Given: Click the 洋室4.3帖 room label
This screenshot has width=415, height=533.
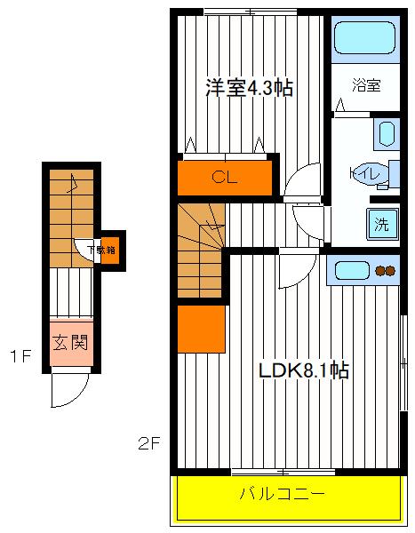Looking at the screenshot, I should [250, 89].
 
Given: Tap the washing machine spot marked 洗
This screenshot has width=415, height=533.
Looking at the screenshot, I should [380, 224].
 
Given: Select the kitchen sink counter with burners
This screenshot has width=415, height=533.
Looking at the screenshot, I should [364, 270].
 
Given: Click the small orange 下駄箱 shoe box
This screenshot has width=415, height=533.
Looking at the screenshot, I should [108, 250].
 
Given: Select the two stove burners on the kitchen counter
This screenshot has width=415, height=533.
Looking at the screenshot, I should [387, 271].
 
